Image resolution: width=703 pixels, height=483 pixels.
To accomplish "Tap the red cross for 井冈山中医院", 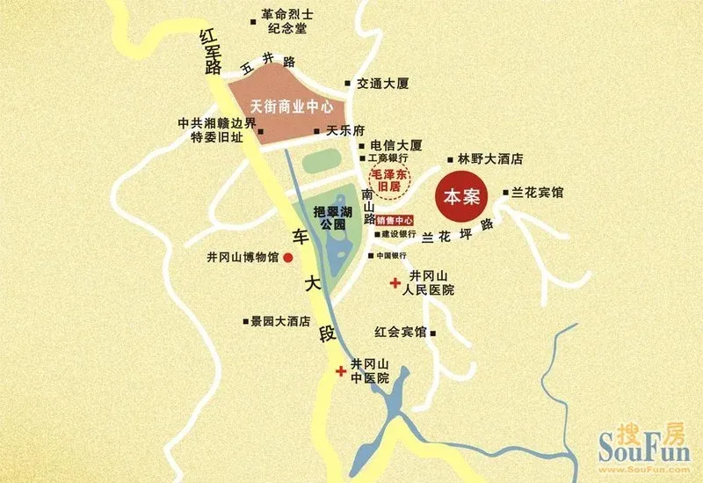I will tap(340, 372).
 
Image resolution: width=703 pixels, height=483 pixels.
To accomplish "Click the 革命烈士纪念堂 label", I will tap(283, 21).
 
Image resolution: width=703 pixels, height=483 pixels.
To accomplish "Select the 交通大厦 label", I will tap(384, 84).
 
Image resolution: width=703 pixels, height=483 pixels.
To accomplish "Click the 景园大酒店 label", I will tap(280, 321).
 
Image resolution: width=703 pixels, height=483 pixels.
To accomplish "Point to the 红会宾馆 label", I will tap(400, 333).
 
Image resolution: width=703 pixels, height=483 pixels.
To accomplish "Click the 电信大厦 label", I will tap(396, 144).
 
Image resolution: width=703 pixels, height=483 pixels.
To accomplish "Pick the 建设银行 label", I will tap(398, 235).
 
